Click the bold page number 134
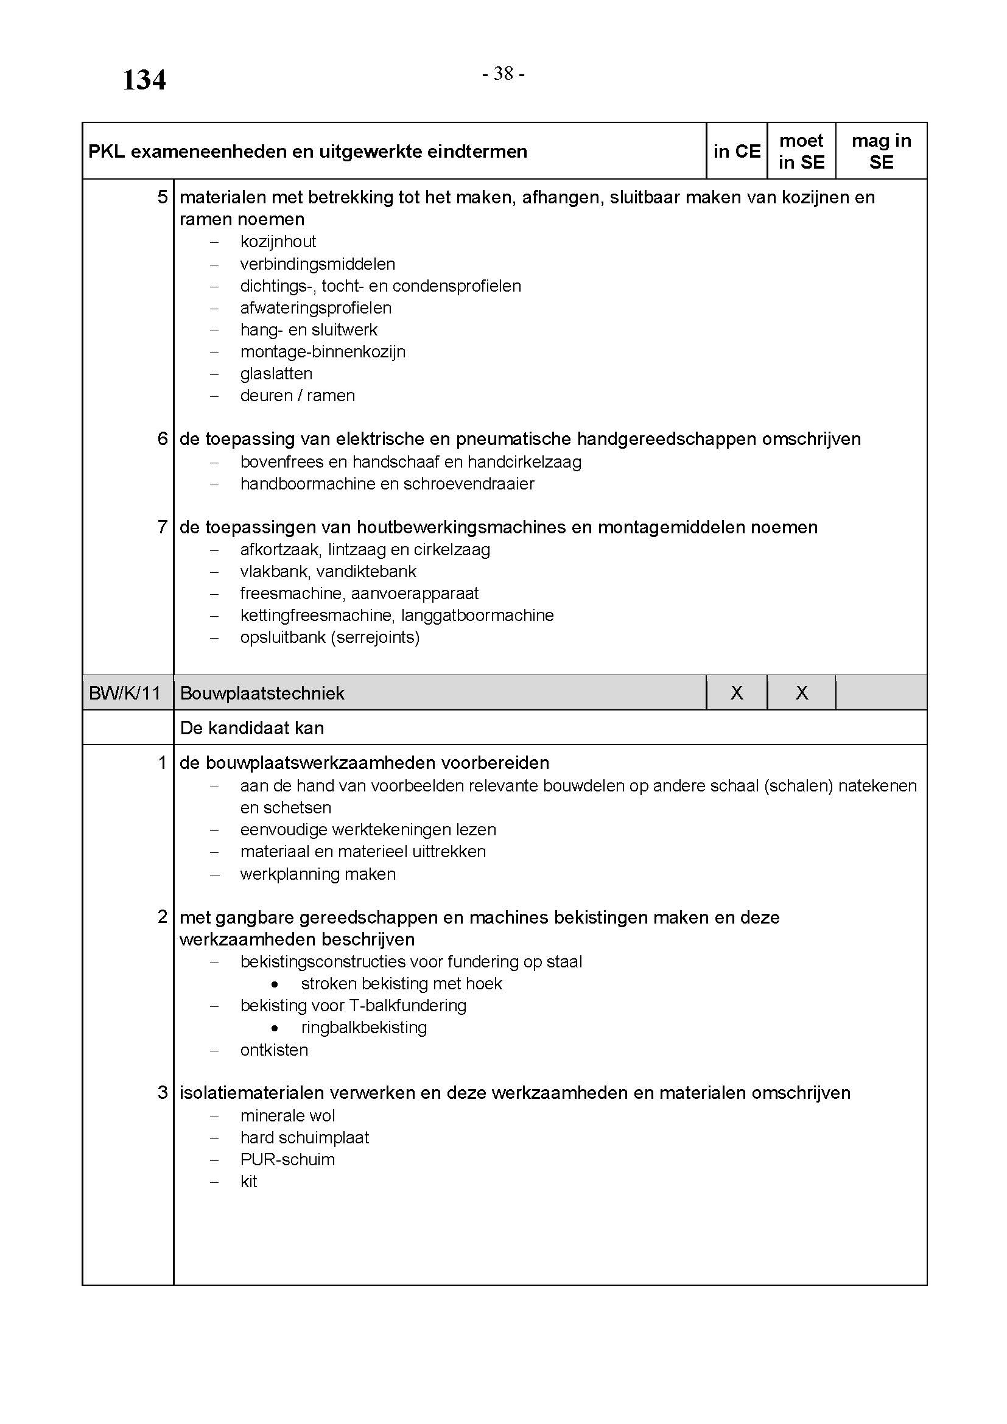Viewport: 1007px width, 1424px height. [x=144, y=80]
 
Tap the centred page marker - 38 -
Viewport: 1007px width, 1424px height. [x=503, y=74]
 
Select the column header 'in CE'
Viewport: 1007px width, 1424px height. [x=736, y=152]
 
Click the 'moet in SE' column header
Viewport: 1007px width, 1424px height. [x=801, y=152]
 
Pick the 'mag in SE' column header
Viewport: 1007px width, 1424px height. [x=881, y=152]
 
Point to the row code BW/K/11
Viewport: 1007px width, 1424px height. [x=125, y=693]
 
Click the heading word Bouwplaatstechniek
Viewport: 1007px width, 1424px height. [x=262, y=693]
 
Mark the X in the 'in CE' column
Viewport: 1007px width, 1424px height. [x=737, y=693]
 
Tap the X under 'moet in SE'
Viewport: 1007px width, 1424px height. [x=802, y=693]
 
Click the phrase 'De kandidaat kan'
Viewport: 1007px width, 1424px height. [x=252, y=728]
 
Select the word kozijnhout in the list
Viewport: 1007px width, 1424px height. [x=278, y=241]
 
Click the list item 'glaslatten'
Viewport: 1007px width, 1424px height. [x=276, y=373]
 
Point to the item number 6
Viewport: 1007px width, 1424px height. [x=163, y=439]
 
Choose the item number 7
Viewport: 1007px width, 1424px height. [x=163, y=527]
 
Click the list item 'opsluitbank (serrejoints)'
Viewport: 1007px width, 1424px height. [x=330, y=637]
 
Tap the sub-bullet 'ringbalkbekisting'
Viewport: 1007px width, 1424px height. [x=364, y=1027]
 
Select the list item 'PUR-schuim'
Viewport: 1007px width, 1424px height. [x=287, y=1159]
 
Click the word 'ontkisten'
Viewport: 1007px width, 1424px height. [x=274, y=1050]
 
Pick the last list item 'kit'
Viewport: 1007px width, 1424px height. [x=248, y=1182]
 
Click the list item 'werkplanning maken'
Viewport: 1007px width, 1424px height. [x=317, y=874]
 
